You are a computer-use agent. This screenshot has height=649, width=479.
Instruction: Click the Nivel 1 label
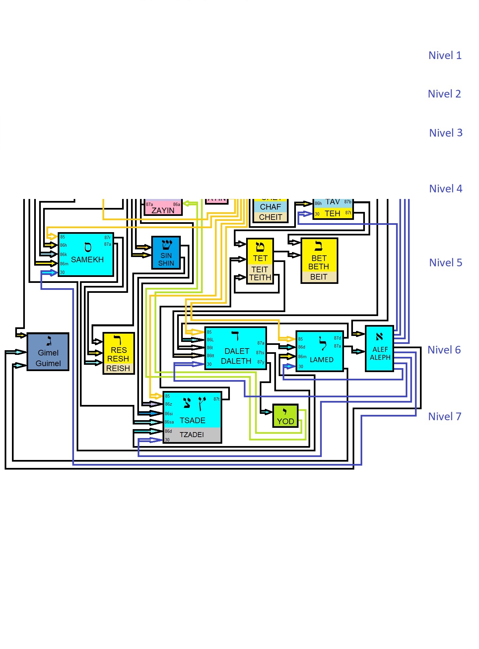(x=445, y=55)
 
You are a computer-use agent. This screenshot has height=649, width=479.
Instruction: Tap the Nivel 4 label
(x=445, y=189)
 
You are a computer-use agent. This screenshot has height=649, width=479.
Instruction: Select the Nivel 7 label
(x=445, y=417)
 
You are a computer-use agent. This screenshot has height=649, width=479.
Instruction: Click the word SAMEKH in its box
(x=87, y=260)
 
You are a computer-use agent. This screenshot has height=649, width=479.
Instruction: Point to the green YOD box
(x=285, y=416)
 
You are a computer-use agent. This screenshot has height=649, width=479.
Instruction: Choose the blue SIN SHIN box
(x=166, y=253)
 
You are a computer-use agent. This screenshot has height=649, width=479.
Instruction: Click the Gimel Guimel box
(x=48, y=352)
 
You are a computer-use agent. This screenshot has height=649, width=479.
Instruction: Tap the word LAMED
(x=321, y=360)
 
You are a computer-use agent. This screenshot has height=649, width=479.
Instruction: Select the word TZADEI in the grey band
(x=192, y=435)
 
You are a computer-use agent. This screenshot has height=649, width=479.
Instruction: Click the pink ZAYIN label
(x=163, y=211)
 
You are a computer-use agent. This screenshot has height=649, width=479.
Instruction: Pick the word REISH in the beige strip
(x=118, y=368)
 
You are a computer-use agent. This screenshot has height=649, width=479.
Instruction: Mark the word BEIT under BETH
(x=319, y=277)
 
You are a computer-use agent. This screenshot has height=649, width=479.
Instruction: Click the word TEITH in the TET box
(x=260, y=278)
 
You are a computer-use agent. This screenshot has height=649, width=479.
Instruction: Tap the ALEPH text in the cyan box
(x=380, y=357)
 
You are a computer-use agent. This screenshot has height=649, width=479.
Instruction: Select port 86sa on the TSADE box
(x=169, y=422)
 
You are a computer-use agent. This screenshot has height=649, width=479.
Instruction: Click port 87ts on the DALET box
(x=260, y=353)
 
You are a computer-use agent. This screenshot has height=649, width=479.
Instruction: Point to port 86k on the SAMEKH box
(x=63, y=255)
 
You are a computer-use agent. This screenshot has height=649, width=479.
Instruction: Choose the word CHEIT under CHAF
(x=271, y=217)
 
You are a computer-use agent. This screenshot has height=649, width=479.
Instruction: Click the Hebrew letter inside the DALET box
(x=235, y=336)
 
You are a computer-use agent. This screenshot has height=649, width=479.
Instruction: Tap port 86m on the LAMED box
(x=302, y=357)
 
